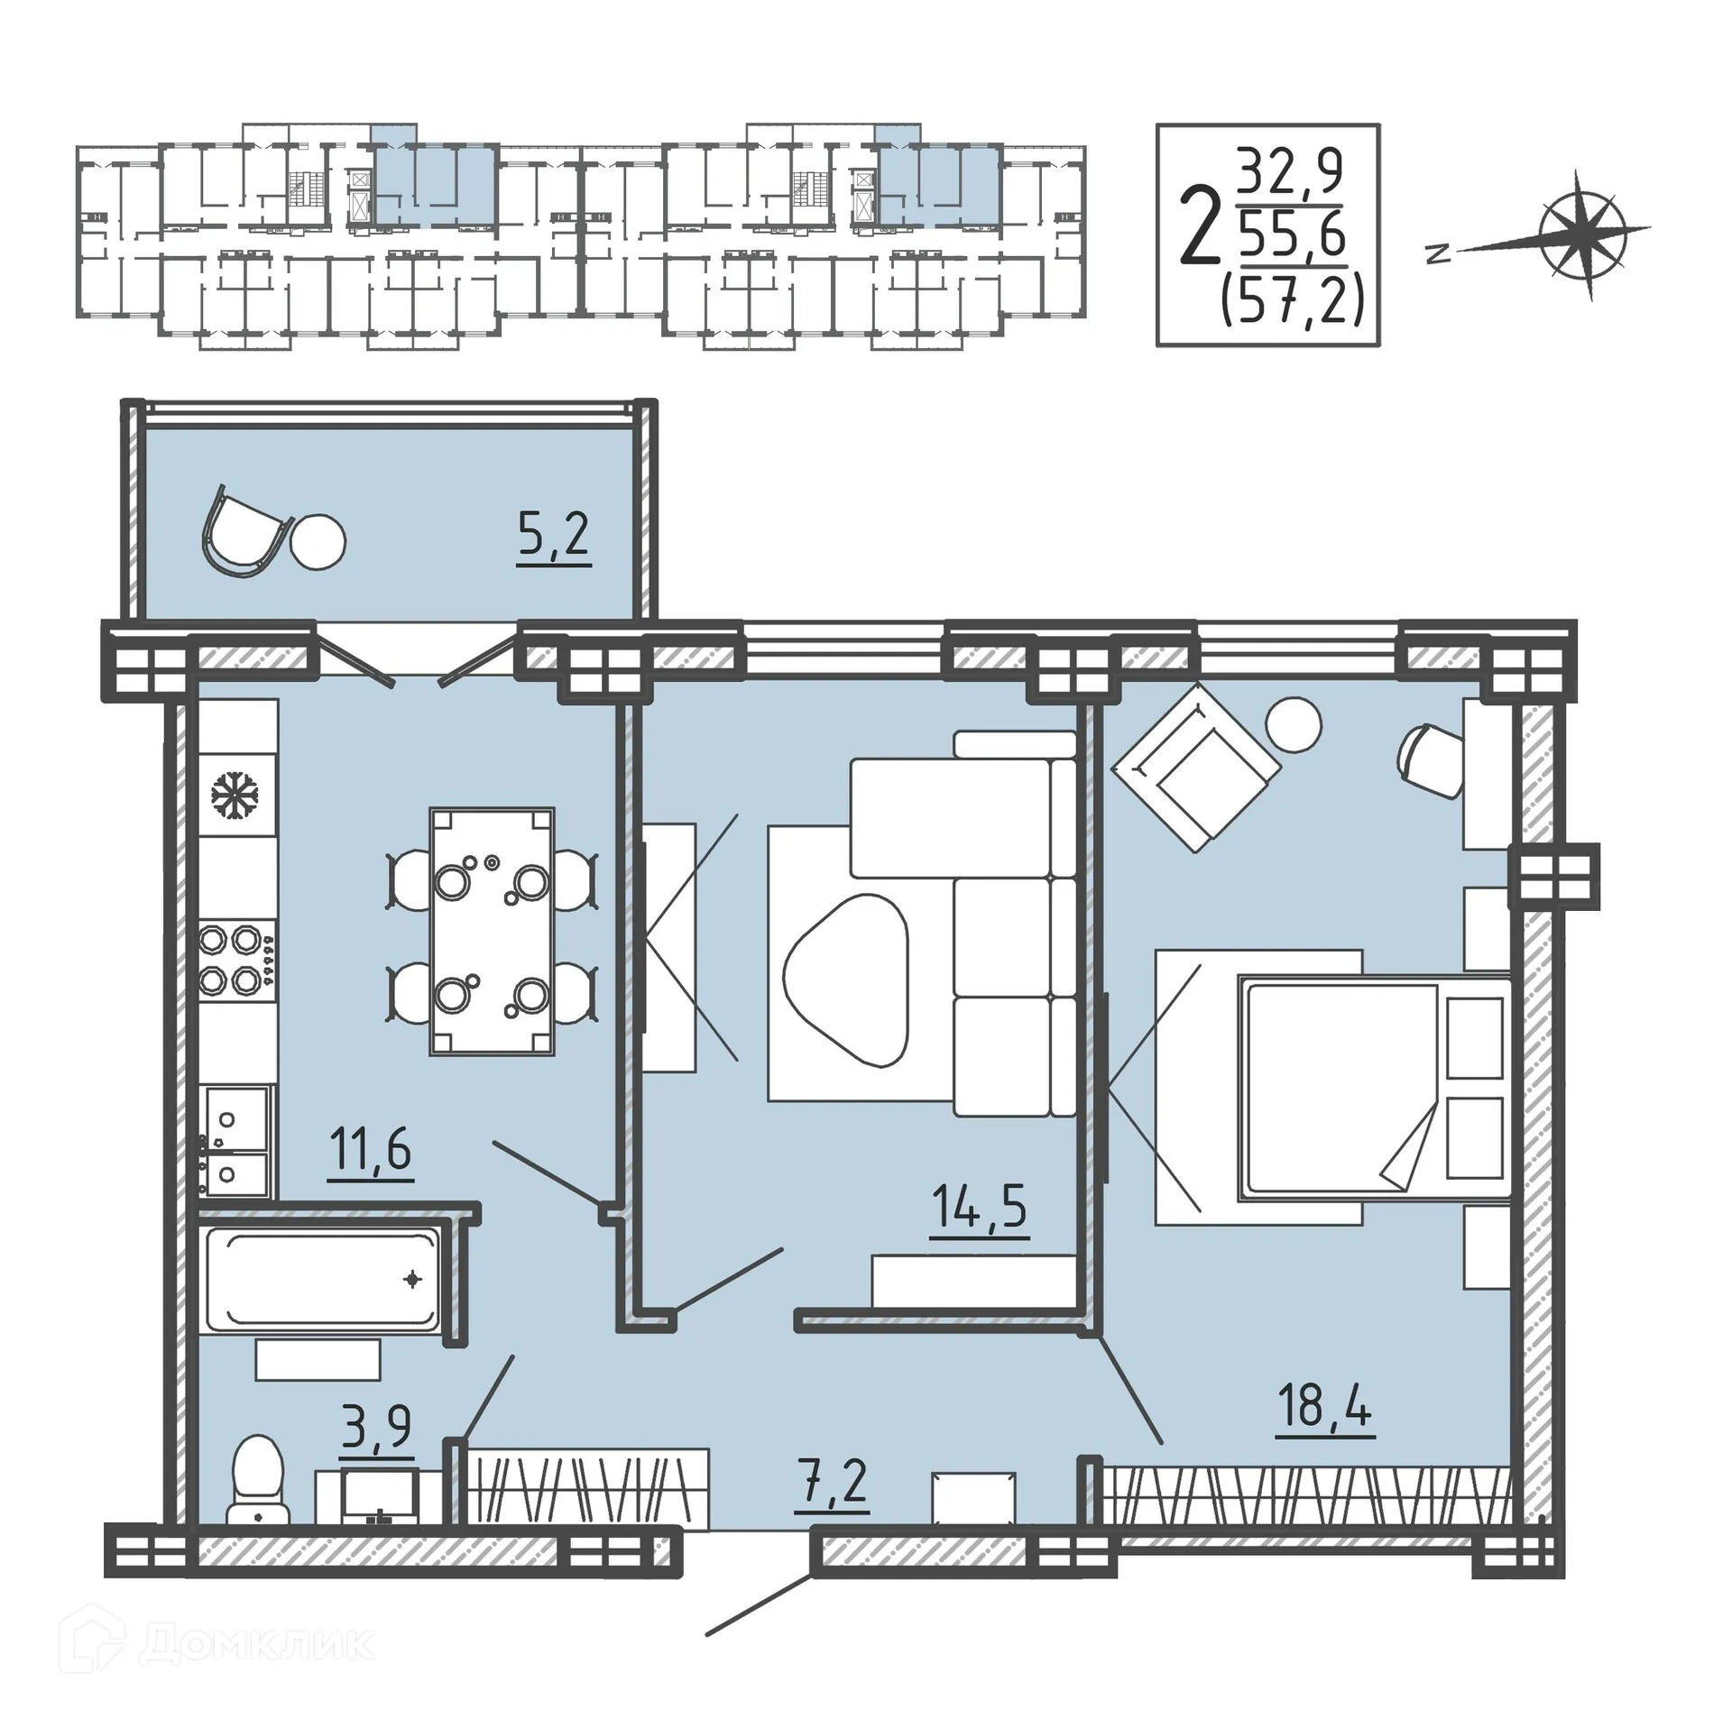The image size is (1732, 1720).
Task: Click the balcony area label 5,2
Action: (553, 537)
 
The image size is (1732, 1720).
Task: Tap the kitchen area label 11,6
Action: (370, 1152)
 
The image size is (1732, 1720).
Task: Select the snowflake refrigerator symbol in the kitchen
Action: (235, 796)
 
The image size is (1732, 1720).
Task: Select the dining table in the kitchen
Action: (492, 931)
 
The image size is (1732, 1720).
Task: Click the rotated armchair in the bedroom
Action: (1195, 767)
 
